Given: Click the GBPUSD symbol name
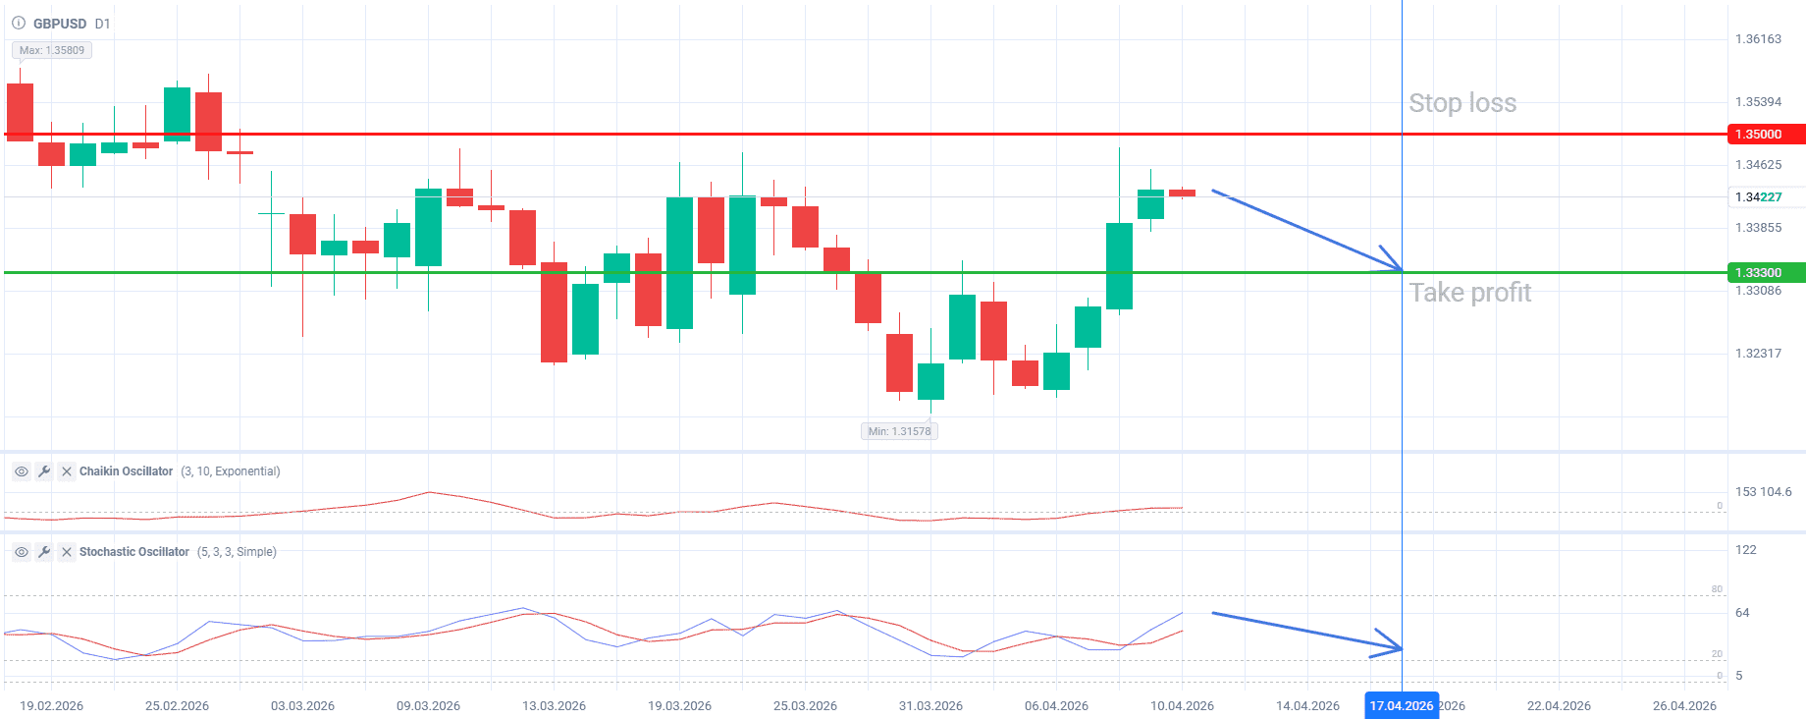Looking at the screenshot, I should tap(59, 24).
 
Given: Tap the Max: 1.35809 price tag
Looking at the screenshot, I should tap(52, 50).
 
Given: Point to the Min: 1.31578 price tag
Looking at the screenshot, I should tap(899, 431).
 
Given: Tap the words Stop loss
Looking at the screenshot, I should tap(1462, 103).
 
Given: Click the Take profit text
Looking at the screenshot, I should tap(1469, 293).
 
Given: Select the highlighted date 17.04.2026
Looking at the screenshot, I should tap(1401, 706).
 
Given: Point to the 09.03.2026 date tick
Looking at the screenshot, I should tap(428, 706).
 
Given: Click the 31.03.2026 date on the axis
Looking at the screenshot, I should tap(930, 706).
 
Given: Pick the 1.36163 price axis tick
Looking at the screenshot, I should tap(1758, 39).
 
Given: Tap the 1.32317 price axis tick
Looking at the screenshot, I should tap(1758, 354).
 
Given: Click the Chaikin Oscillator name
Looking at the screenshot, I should tap(126, 471).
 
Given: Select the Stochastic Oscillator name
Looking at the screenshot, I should tap(133, 552).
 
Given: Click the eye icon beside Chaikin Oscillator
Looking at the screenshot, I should tap(22, 471).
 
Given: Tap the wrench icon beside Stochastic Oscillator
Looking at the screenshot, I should tap(44, 552).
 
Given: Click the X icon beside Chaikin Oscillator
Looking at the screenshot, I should tap(67, 471).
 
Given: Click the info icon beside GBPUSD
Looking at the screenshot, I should tap(19, 23).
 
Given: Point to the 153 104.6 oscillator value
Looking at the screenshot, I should tap(1763, 492).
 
